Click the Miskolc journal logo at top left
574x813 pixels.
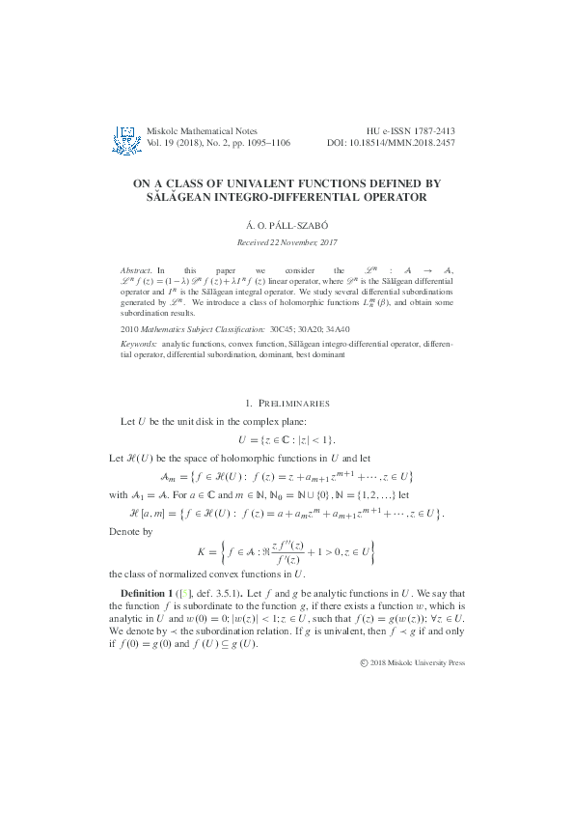125,139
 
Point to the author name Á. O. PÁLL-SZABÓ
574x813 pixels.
287,223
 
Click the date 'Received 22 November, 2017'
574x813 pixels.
287,241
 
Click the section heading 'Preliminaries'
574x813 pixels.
292,403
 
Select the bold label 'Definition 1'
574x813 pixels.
148,590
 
